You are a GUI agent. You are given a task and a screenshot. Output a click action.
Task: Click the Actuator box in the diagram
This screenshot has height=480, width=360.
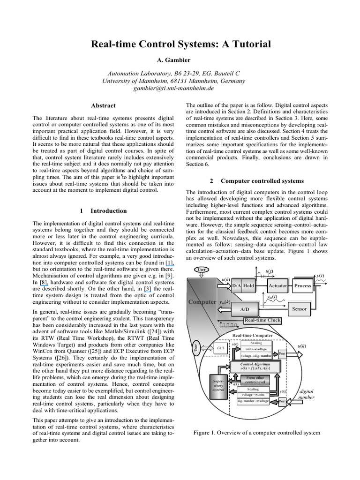point(277,285)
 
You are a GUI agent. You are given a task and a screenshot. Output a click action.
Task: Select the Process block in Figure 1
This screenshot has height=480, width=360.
point(302,285)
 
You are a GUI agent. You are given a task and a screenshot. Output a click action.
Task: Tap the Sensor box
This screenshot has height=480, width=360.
point(300,309)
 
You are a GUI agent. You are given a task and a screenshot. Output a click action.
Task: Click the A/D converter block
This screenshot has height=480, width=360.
point(244,310)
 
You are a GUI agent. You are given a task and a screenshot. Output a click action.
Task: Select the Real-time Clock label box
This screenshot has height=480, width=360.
point(262,320)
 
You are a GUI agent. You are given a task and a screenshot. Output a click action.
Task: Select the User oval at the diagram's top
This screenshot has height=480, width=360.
point(202,269)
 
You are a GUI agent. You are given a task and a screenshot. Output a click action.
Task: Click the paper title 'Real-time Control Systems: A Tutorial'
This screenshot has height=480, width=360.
point(180,45)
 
